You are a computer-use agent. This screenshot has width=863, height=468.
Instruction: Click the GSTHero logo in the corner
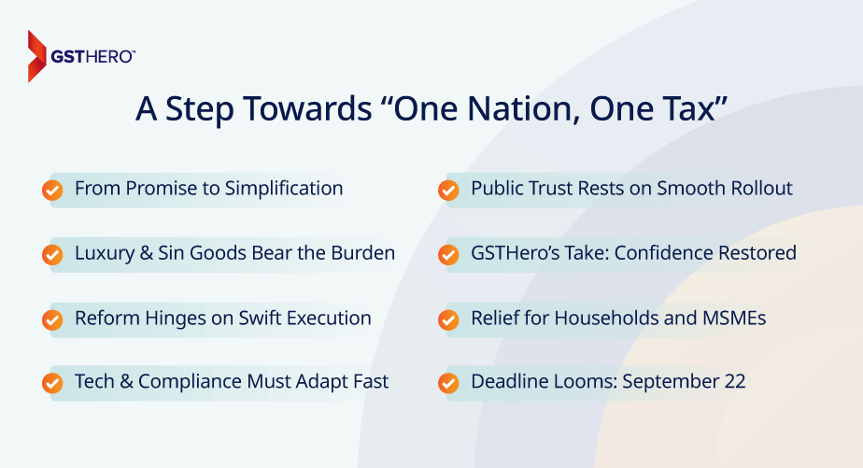tap(80, 56)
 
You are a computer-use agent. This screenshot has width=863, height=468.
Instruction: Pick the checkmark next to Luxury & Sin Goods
tap(52, 255)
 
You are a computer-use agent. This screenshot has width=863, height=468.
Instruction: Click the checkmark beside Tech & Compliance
tap(52, 384)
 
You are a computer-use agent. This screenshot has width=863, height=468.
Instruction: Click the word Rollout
tap(757, 189)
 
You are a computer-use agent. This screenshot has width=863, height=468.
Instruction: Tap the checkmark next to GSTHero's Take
tap(448, 255)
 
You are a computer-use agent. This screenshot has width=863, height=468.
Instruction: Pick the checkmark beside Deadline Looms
tap(448, 384)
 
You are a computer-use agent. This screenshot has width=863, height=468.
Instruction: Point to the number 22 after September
tap(733, 382)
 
